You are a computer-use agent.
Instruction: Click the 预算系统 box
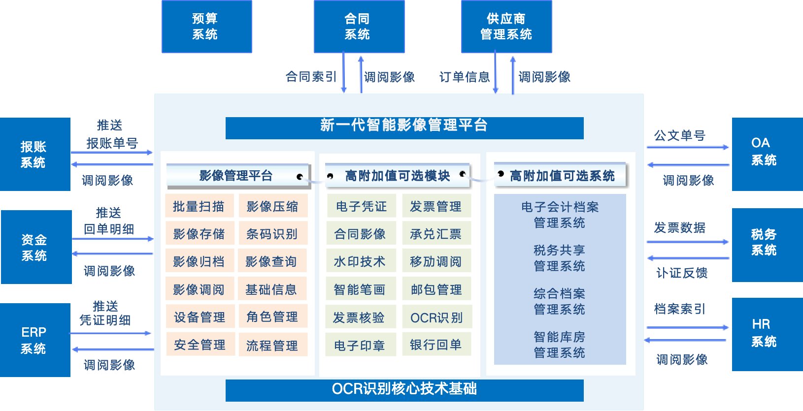206,27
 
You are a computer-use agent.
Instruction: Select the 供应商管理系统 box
506,27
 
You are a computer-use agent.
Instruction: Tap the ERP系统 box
34,340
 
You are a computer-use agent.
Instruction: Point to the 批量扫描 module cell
199,206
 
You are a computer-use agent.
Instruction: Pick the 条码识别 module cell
272,234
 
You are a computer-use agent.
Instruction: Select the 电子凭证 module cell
361,206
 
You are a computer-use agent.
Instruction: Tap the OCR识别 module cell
436,318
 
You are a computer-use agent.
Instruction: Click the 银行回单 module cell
436,345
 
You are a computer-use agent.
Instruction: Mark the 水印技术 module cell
360,261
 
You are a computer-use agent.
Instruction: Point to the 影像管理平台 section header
236,176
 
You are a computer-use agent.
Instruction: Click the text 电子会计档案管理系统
560,215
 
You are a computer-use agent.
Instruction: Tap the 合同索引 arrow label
311,77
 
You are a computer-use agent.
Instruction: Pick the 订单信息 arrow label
465,77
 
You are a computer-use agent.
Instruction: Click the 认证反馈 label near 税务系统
682,273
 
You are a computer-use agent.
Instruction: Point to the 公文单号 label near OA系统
679,135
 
